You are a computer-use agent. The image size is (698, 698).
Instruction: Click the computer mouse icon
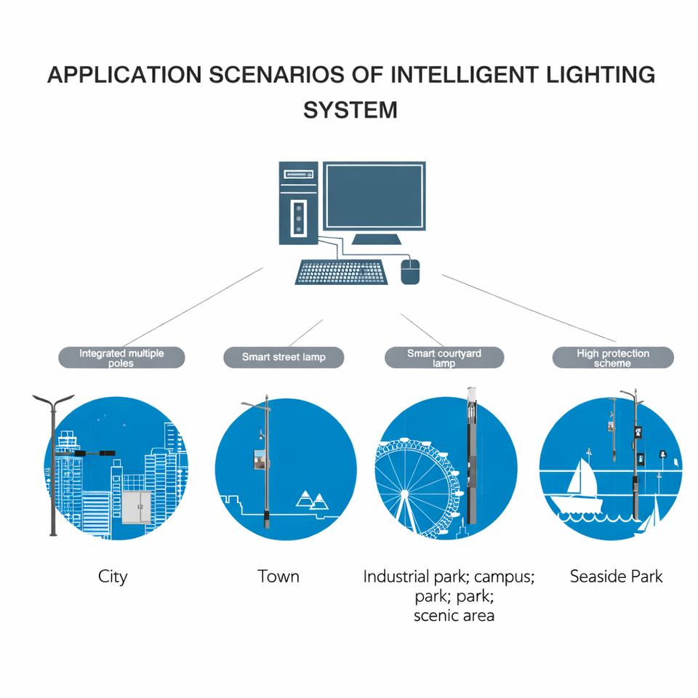(x=410, y=271)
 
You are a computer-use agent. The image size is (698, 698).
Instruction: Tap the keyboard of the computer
(x=341, y=272)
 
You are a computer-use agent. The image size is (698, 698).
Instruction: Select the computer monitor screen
(x=374, y=196)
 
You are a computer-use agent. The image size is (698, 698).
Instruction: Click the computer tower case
(x=298, y=203)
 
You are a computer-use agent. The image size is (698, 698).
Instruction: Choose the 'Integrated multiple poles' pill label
(x=121, y=358)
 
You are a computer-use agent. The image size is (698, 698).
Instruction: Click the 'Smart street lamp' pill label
(x=284, y=358)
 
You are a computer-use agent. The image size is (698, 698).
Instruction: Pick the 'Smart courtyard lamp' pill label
(x=444, y=358)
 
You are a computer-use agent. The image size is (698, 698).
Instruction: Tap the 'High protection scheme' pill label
(x=613, y=358)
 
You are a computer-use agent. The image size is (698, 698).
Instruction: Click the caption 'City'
(x=113, y=577)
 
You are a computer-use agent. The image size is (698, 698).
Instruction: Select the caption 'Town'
(x=278, y=576)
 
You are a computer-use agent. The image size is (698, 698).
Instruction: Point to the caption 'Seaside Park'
(x=616, y=576)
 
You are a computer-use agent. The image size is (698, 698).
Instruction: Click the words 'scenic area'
(x=454, y=616)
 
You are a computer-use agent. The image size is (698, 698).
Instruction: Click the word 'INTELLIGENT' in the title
(x=465, y=75)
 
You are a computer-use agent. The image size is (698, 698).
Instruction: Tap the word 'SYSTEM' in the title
(x=350, y=110)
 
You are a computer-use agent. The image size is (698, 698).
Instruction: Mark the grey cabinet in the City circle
(x=137, y=507)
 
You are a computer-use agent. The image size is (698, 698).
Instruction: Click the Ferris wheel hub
(x=404, y=493)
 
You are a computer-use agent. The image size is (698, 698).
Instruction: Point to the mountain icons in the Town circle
(x=313, y=500)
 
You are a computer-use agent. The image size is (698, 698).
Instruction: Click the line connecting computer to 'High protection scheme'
(x=529, y=308)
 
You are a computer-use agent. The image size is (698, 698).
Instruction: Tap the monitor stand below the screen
(x=377, y=239)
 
